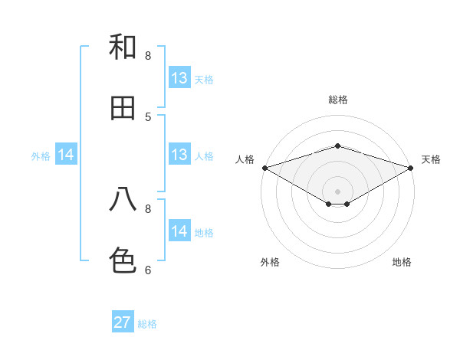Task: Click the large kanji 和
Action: tap(123, 47)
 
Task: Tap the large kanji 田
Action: tap(123, 108)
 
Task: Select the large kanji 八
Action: tap(123, 199)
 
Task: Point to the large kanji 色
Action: tap(123, 260)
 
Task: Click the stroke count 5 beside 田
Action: tap(148, 116)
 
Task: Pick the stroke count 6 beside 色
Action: tap(148, 270)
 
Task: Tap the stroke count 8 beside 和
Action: tap(148, 55)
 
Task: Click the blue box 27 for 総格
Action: tap(123, 322)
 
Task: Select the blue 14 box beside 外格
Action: tap(66, 155)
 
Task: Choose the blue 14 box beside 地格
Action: tap(179, 231)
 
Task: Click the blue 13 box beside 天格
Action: tap(179, 78)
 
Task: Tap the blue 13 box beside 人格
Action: tap(179, 155)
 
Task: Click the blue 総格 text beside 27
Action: tap(147, 324)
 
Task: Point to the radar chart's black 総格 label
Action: tap(337, 100)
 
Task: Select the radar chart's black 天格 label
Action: tap(431, 159)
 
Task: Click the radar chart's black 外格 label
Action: tap(270, 262)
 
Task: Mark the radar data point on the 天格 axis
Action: tap(411, 167)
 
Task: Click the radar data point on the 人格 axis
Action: tap(264, 167)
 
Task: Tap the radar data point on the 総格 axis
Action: tap(337, 146)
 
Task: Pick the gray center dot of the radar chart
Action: tap(337, 191)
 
